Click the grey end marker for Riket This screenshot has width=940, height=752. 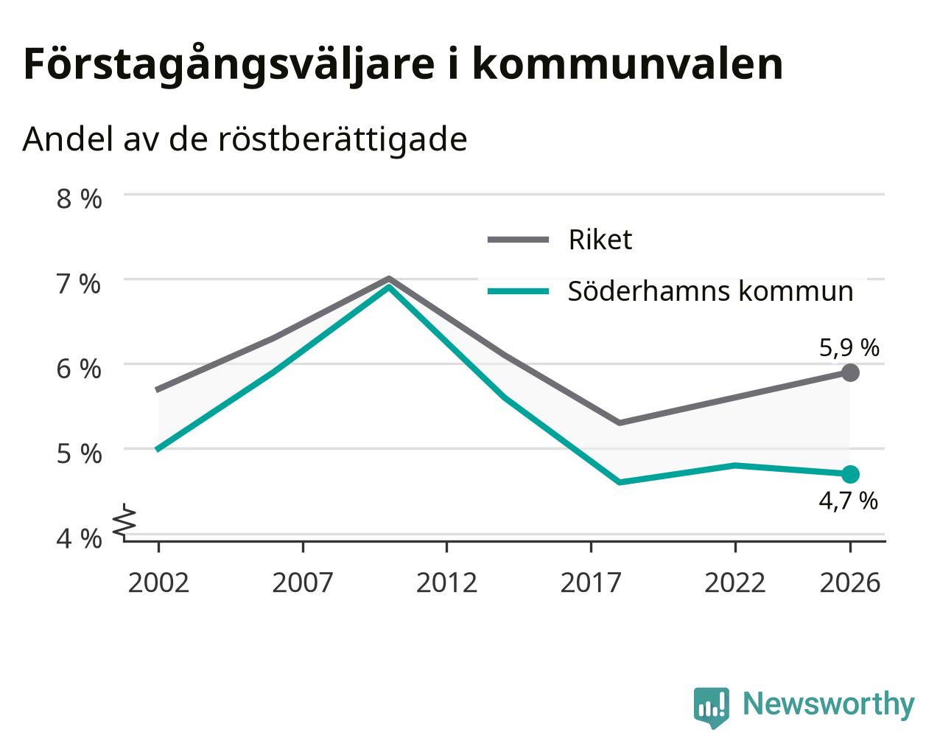pos(850,372)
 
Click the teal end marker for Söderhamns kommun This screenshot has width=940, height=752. pos(850,474)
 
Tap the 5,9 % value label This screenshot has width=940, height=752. pos(849,349)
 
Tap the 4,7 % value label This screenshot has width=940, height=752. pos(848,501)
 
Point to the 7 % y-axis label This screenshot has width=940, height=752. pos(79,284)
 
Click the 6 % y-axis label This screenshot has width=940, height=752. pos(79,369)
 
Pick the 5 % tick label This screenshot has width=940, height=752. pos(79,453)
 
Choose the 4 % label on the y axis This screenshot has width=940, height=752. pos(79,538)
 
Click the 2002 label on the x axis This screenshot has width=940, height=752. pos(158,582)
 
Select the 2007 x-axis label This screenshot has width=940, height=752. pos(302,582)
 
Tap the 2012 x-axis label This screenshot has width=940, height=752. pos(446,582)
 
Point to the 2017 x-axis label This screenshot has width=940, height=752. pos(591,582)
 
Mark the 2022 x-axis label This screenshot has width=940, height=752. pos(735,582)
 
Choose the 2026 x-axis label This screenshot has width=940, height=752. pos(850,582)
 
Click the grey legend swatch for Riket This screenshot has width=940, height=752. pos(518,240)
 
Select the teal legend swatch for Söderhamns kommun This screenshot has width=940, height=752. pos(518,291)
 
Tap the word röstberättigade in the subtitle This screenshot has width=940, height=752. pos(343,139)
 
